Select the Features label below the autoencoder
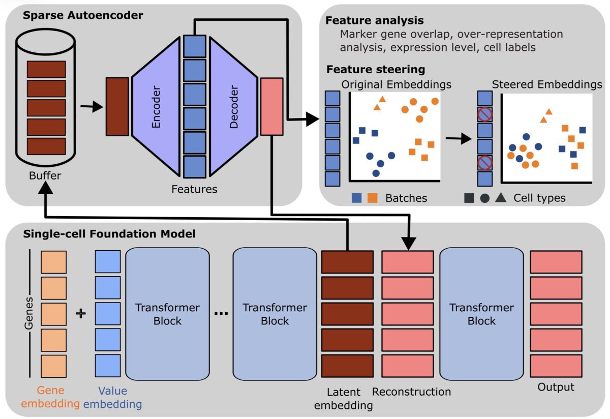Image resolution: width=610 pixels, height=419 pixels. click(194, 189)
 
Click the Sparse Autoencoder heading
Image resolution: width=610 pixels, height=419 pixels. click(83, 15)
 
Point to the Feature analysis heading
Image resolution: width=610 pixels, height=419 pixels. click(375, 21)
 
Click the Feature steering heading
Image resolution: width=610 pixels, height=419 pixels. click(376, 69)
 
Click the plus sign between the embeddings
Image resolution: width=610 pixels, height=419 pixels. click(80, 314)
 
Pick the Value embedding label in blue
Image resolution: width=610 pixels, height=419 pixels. click(112, 398)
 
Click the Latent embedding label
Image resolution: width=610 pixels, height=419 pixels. click(344, 399)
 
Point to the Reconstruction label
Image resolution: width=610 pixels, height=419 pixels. click(411, 392)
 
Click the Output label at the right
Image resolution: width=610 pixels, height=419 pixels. click(556, 387)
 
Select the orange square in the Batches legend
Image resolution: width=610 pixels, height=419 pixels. click(372, 198)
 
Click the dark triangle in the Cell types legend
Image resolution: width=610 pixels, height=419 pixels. click(500, 198)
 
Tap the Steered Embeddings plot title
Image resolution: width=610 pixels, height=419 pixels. click(547, 84)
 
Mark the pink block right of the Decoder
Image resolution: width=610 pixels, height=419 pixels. click(271, 106)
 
